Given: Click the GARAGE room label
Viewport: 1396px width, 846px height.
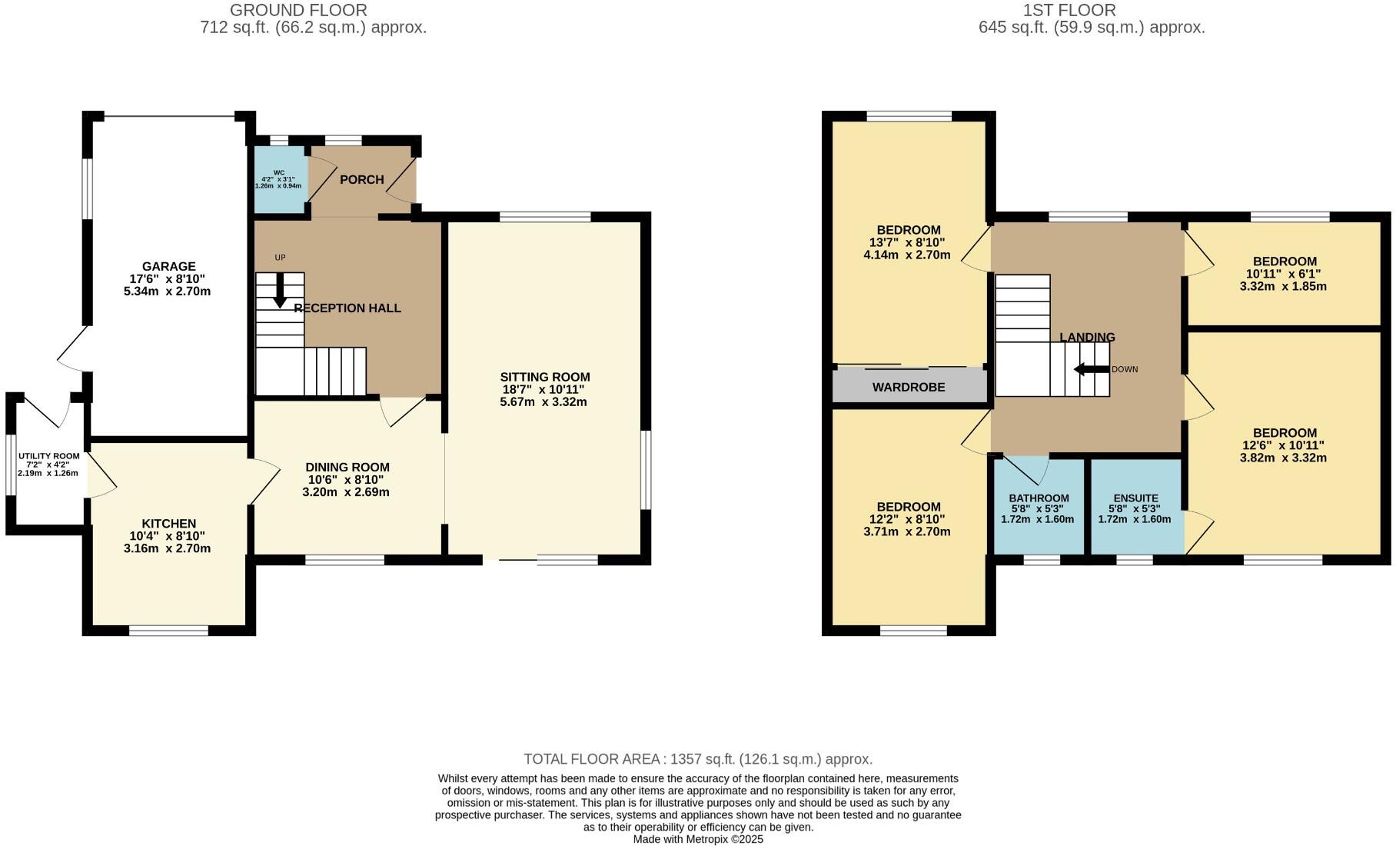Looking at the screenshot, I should point(168,267).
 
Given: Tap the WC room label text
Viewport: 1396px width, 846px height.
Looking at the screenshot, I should point(279,173).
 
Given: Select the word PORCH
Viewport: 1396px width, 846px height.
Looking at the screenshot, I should point(361,179).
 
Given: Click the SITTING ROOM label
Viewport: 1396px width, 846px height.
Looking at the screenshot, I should point(544,377).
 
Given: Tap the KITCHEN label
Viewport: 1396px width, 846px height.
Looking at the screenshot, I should point(168,524).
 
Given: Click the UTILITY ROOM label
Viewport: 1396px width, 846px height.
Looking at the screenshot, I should point(49,456).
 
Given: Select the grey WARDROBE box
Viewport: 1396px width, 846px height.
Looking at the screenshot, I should point(909,387).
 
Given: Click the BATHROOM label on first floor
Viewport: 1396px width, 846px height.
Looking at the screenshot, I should point(1039,498).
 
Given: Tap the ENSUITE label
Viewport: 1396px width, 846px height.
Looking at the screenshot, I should point(1135,498).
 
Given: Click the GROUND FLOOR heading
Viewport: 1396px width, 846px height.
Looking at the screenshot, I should point(298,10).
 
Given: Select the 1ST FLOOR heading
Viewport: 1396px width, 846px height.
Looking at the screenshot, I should point(1069,10).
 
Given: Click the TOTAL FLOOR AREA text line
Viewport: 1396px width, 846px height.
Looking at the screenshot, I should point(698,759).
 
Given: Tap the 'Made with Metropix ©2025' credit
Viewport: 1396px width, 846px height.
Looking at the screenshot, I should point(698,839).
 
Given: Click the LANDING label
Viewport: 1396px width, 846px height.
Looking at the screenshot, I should point(1086,337).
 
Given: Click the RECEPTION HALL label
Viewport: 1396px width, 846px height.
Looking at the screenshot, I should point(347,308).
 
